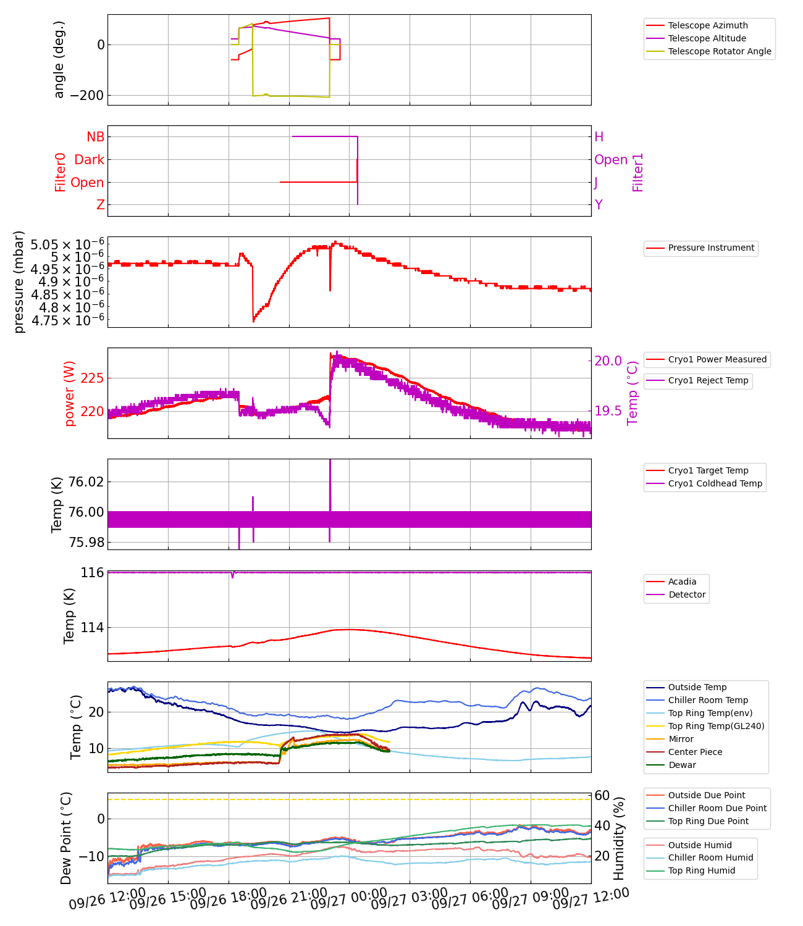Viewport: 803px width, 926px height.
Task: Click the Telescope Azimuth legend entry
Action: click(x=707, y=25)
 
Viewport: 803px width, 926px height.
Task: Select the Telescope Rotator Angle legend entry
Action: click(x=720, y=51)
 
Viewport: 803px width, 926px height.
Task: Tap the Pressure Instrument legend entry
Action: click(x=711, y=248)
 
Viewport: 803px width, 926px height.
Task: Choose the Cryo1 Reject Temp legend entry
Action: click(x=708, y=380)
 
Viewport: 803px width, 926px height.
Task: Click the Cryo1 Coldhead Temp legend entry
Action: click(x=715, y=483)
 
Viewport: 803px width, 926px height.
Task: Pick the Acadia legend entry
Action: click(x=682, y=582)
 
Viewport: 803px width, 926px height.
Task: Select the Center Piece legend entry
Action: click(x=695, y=752)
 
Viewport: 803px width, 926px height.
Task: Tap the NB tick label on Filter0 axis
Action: click(x=95, y=137)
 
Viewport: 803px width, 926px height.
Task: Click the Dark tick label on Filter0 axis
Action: click(x=89, y=160)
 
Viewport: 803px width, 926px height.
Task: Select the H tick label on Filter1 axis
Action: click(x=599, y=137)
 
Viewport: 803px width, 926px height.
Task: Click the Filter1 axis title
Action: click(x=638, y=172)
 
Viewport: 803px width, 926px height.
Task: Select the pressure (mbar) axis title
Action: click(x=19, y=282)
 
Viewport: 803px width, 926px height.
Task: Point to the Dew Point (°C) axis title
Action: click(x=66, y=838)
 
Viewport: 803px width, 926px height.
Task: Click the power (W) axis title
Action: click(x=69, y=393)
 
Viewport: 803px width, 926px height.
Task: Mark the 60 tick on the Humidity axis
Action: click(x=602, y=796)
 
